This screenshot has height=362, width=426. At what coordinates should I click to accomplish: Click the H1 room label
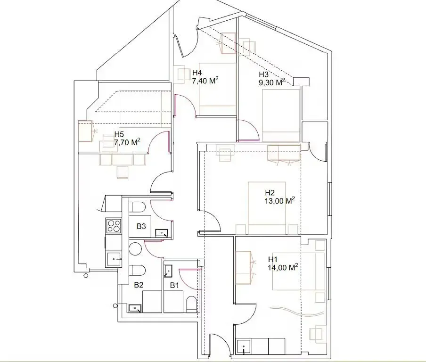(x=273, y=259)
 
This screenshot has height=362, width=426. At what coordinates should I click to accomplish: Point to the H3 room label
(x=263, y=74)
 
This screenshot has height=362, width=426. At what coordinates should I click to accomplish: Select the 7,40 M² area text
(x=205, y=81)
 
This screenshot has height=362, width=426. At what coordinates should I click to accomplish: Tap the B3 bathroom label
(x=141, y=226)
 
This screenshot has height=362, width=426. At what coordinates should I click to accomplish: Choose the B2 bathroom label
(x=139, y=285)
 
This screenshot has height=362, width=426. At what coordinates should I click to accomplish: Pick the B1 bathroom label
(x=174, y=285)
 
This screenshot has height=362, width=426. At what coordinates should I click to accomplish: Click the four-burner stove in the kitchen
(x=114, y=226)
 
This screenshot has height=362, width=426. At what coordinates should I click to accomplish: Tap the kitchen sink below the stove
(x=114, y=259)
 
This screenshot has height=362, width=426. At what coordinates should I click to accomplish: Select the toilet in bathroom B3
(x=138, y=207)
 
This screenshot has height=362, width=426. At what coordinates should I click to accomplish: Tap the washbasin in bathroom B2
(x=135, y=308)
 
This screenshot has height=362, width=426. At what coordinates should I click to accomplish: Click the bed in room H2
(x=266, y=207)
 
